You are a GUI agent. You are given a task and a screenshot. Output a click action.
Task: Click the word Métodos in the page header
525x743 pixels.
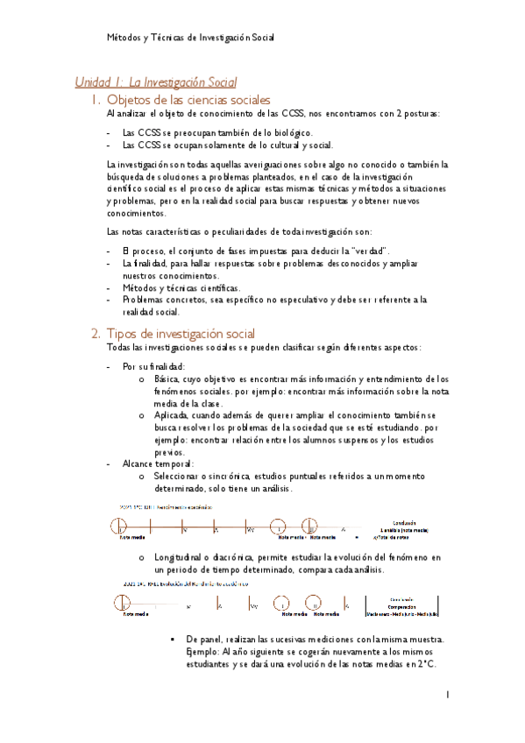click(122, 38)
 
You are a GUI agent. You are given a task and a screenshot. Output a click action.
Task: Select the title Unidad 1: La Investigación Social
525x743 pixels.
click(156, 82)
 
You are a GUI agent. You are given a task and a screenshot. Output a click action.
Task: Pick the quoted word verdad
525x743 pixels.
click(368, 251)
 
